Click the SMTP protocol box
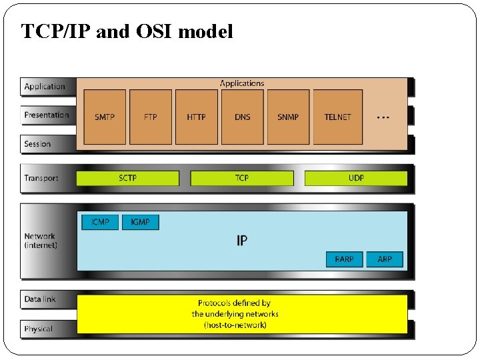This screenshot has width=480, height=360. coord(105,117)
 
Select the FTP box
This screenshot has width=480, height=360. coord(151,117)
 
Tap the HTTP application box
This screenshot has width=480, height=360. coord(196,117)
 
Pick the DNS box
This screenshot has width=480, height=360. coord(243,117)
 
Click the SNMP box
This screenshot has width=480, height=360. coord(288,117)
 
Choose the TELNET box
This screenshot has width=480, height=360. coord(337,117)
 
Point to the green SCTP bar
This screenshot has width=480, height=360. coord(128,178)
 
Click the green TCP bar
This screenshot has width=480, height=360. coord(242,178)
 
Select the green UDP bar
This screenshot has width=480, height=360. coord(356,178)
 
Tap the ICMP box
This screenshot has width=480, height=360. coord(100,222)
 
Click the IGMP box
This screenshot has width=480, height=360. coord(141,222)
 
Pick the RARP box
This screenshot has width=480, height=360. coord(344,259)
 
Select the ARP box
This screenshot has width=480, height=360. coord(385,259)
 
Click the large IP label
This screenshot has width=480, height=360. coord(242,240)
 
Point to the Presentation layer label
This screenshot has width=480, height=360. coord(47,115)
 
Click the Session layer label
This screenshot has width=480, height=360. coord(37,144)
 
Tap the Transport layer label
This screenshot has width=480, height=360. coord(41,178)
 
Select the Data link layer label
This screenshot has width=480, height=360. coord(40,299)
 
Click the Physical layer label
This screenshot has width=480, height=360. coord(39,329)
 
